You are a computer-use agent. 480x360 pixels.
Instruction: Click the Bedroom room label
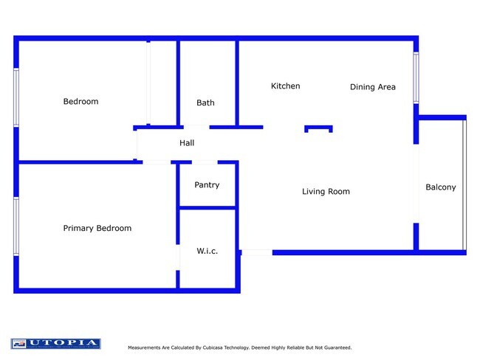pyautogui.click(x=80, y=102)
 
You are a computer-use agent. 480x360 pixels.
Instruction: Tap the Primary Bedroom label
pyautogui.click(x=97, y=229)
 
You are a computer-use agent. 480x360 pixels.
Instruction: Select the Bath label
pyautogui.click(x=205, y=103)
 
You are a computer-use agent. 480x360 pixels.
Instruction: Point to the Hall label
pyautogui.click(x=187, y=143)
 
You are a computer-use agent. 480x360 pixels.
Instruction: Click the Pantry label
pyautogui.click(x=207, y=185)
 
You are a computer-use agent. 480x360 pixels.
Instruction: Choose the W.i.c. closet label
pyautogui.click(x=207, y=252)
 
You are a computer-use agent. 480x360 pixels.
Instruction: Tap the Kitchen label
pyautogui.click(x=285, y=86)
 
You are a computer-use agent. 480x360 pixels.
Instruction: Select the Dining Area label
pyautogui.click(x=372, y=87)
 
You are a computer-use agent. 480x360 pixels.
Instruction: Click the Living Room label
pyautogui.click(x=326, y=192)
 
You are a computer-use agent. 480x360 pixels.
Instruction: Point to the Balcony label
pyautogui.click(x=441, y=187)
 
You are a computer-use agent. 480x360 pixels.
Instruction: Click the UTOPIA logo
pyautogui.click(x=55, y=344)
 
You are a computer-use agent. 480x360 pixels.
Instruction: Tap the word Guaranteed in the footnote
pyautogui.click(x=335, y=347)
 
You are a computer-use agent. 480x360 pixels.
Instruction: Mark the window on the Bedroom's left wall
pyautogui.click(x=16, y=98)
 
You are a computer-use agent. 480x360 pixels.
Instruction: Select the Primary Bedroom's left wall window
pyautogui.click(x=16, y=226)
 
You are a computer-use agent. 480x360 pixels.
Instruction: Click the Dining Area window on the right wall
pyautogui.click(x=416, y=77)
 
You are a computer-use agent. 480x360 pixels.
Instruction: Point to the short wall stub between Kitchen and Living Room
pyautogui.click(x=319, y=128)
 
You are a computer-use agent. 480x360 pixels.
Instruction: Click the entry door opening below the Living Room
pyautogui.click(x=256, y=253)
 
